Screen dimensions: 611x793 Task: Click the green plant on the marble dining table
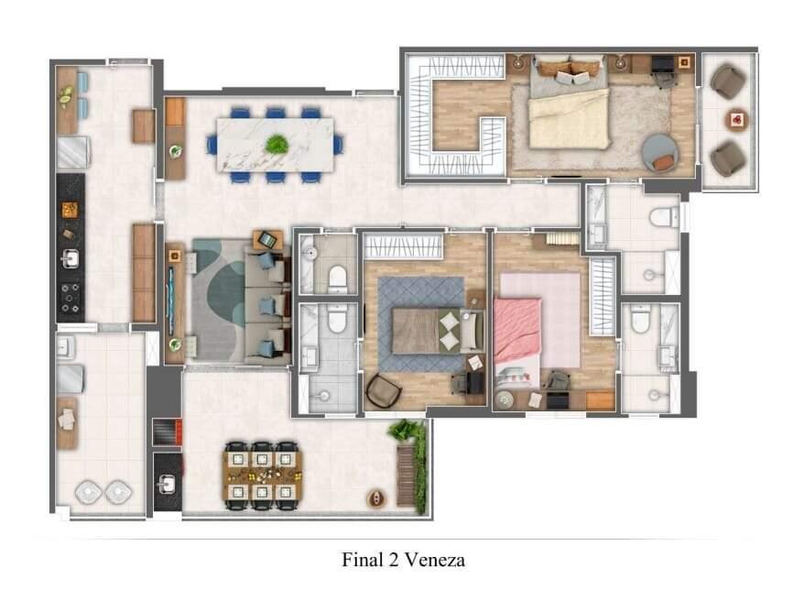[x=276, y=144]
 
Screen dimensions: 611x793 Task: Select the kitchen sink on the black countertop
[x=69, y=259]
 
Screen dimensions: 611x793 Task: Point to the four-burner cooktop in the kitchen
[x=70, y=298]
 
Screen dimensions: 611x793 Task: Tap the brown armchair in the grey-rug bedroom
[x=384, y=391]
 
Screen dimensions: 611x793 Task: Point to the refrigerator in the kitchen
[x=71, y=152]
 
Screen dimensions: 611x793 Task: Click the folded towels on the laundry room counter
[x=66, y=419]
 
